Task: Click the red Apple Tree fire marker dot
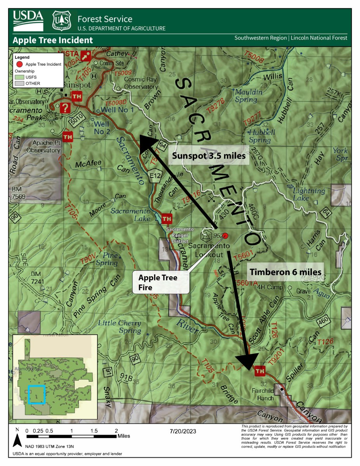click(226, 236)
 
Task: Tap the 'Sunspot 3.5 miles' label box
click(209, 156)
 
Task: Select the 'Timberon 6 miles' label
click(285, 272)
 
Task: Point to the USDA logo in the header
click(28, 20)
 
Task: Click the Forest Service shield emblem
click(61, 21)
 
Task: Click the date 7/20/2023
click(183, 431)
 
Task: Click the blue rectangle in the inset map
click(37, 394)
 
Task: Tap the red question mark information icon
click(66, 108)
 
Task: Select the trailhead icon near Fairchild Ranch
click(259, 371)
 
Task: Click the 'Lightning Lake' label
click(309, 194)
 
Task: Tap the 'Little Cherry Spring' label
click(119, 327)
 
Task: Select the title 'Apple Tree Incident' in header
click(53, 40)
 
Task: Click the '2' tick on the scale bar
click(116, 431)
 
